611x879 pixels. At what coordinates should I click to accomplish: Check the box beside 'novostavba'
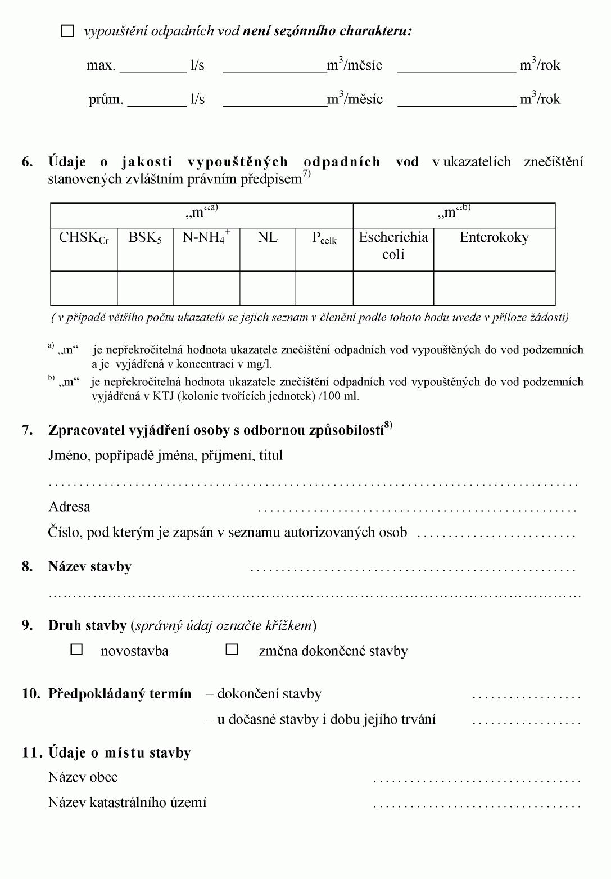click(76, 650)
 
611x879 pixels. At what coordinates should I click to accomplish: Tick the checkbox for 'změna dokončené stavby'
click(232, 650)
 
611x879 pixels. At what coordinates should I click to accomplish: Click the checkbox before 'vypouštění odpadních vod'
click(67, 31)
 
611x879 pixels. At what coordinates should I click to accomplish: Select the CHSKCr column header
click(84, 238)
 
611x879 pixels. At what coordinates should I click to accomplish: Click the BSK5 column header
click(145, 238)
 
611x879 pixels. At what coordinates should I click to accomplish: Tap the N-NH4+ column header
click(206, 237)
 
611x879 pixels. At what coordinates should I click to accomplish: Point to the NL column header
click(268, 238)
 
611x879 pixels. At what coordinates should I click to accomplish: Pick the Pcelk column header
click(324, 238)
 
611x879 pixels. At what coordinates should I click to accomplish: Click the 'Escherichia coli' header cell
click(393, 246)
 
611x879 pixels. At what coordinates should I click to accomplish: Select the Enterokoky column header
click(494, 238)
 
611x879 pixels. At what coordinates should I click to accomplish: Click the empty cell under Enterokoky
click(494, 289)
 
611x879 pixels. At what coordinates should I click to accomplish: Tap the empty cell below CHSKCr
click(84, 289)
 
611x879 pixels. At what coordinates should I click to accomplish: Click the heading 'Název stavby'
click(90, 566)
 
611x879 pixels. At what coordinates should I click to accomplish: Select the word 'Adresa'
click(69, 507)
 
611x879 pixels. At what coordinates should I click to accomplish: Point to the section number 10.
click(31, 694)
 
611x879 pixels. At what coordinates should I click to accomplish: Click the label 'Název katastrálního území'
click(128, 803)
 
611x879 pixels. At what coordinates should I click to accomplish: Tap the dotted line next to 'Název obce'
click(476, 780)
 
